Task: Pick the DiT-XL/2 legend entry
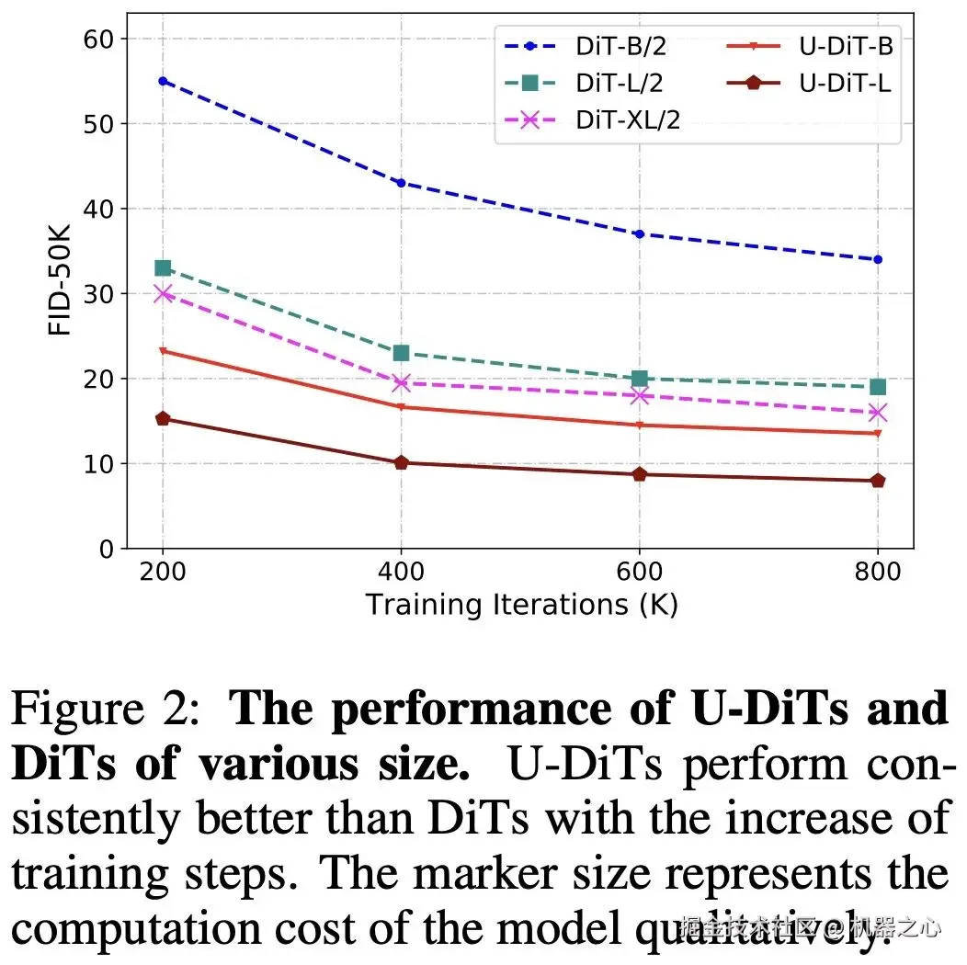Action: point(588,119)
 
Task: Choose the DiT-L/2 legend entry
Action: point(579,84)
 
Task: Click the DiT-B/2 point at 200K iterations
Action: point(163,81)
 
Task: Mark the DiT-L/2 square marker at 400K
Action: point(401,353)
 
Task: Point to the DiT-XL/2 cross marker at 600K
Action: point(639,395)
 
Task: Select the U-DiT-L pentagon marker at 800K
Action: point(877,481)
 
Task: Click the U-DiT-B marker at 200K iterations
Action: point(163,351)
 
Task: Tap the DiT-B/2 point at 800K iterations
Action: point(877,259)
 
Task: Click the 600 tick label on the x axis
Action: point(639,573)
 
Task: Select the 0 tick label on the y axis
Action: point(107,550)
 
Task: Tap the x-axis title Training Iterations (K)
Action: point(521,605)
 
